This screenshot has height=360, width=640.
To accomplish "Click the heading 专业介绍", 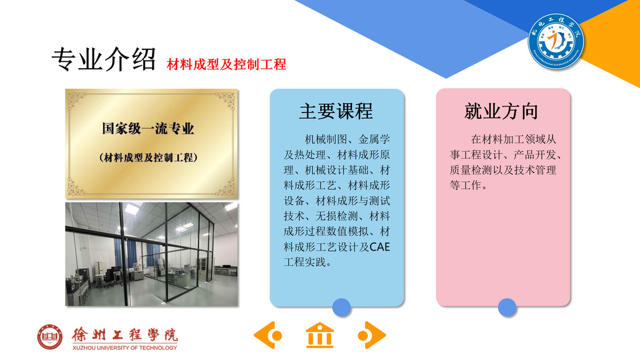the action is [x=104, y=59].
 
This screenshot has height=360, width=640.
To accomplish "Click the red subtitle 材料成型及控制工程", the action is [x=226, y=64].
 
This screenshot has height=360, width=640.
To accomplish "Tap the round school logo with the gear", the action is [x=556, y=41].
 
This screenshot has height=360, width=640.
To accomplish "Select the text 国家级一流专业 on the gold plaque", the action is [x=147, y=129].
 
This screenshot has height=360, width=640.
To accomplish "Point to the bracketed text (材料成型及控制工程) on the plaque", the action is [x=148, y=157].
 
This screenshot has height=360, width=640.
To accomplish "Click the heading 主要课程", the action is [x=336, y=111].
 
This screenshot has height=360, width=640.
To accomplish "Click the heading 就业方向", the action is [x=501, y=111].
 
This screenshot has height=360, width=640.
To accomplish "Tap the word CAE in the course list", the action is [x=379, y=247].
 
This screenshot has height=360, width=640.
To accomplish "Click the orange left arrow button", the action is [x=268, y=335].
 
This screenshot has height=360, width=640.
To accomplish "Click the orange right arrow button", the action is [x=372, y=335].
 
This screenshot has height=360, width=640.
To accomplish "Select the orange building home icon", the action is [x=319, y=336].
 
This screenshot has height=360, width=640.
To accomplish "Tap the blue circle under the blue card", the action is [x=342, y=307].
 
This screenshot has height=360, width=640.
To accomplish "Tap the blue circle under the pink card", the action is [x=507, y=307].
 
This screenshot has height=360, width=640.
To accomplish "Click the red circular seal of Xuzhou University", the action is [x=50, y=337].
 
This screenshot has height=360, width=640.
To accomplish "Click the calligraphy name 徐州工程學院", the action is [x=125, y=335].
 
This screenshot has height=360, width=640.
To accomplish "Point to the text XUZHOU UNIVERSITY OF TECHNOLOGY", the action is [x=125, y=347].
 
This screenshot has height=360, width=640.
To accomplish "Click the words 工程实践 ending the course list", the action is [x=305, y=262].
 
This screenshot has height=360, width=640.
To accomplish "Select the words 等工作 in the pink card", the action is [x=465, y=185].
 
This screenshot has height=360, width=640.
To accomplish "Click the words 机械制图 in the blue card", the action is [x=326, y=139].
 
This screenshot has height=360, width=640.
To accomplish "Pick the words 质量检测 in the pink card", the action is [x=471, y=170].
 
